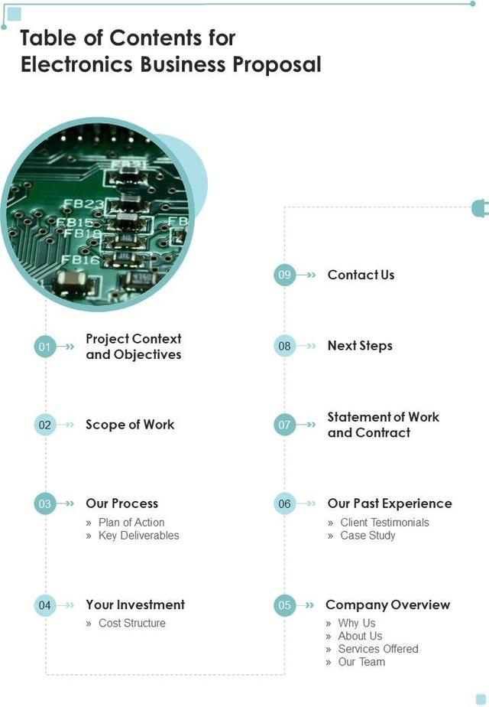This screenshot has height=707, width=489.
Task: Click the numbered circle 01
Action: click(x=45, y=347)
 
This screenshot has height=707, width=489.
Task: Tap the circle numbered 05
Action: click(x=285, y=605)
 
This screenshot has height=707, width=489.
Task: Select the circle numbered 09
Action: click(x=285, y=275)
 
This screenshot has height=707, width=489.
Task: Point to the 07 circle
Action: click(x=285, y=425)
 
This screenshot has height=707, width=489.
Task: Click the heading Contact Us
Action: click(x=361, y=275)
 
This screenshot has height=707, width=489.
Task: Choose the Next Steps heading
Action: click(x=360, y=346)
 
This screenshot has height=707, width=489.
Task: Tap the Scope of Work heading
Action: click(x=130, y=425)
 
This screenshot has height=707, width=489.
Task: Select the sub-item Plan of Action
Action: click(x=131, y=523)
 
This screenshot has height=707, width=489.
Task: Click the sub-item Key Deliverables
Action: click(x=138, y=536)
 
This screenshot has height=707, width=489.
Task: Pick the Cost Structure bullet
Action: click(x=131, y=624)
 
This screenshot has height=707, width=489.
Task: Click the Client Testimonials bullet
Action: click(x=384, y=523)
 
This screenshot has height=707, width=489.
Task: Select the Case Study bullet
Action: click(x=368, y=536)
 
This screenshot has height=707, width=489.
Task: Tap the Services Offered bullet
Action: click(x=378, y=649)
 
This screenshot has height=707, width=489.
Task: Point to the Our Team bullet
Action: click(x=361, y=662)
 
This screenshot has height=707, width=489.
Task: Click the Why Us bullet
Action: click(x=357, y=624)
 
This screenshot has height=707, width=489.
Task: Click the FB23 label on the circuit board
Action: click(x=83, y=204)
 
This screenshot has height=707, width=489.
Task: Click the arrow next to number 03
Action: click(x=70, y=504)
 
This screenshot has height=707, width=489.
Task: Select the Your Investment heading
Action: click(x=135, y=605)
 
